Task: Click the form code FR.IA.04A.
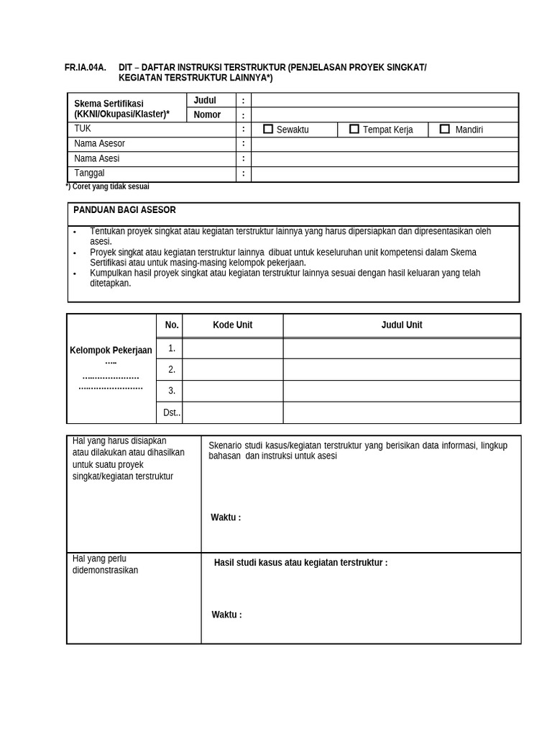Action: (x=85, y=68)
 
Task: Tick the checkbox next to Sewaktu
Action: (x=268, y=129)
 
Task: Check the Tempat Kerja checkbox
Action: (x=354, y=129)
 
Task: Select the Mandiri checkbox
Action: (x=445, y=129)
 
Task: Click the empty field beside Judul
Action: (x=385, y=100)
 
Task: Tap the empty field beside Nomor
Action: (x=385, y=114)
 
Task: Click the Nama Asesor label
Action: (x=99, y=144)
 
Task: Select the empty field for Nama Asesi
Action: (x=385, y=159)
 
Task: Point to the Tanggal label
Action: (x=89, y=173)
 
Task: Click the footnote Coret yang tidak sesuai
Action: (x=108, y=186)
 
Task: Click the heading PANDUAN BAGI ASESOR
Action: (x=124, y=210)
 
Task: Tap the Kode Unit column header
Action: (x=232, y=325)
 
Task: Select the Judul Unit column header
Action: (x=401, y=325)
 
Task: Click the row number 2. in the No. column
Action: (x=172, y=370)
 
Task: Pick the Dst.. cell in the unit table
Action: (x=172, y=413)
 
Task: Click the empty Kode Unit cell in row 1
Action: (x=232, y=348)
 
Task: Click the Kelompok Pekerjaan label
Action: (x=111, y=351)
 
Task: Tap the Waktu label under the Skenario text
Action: (x=226, y=517)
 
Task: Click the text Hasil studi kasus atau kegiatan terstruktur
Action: (x=300, y=563)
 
